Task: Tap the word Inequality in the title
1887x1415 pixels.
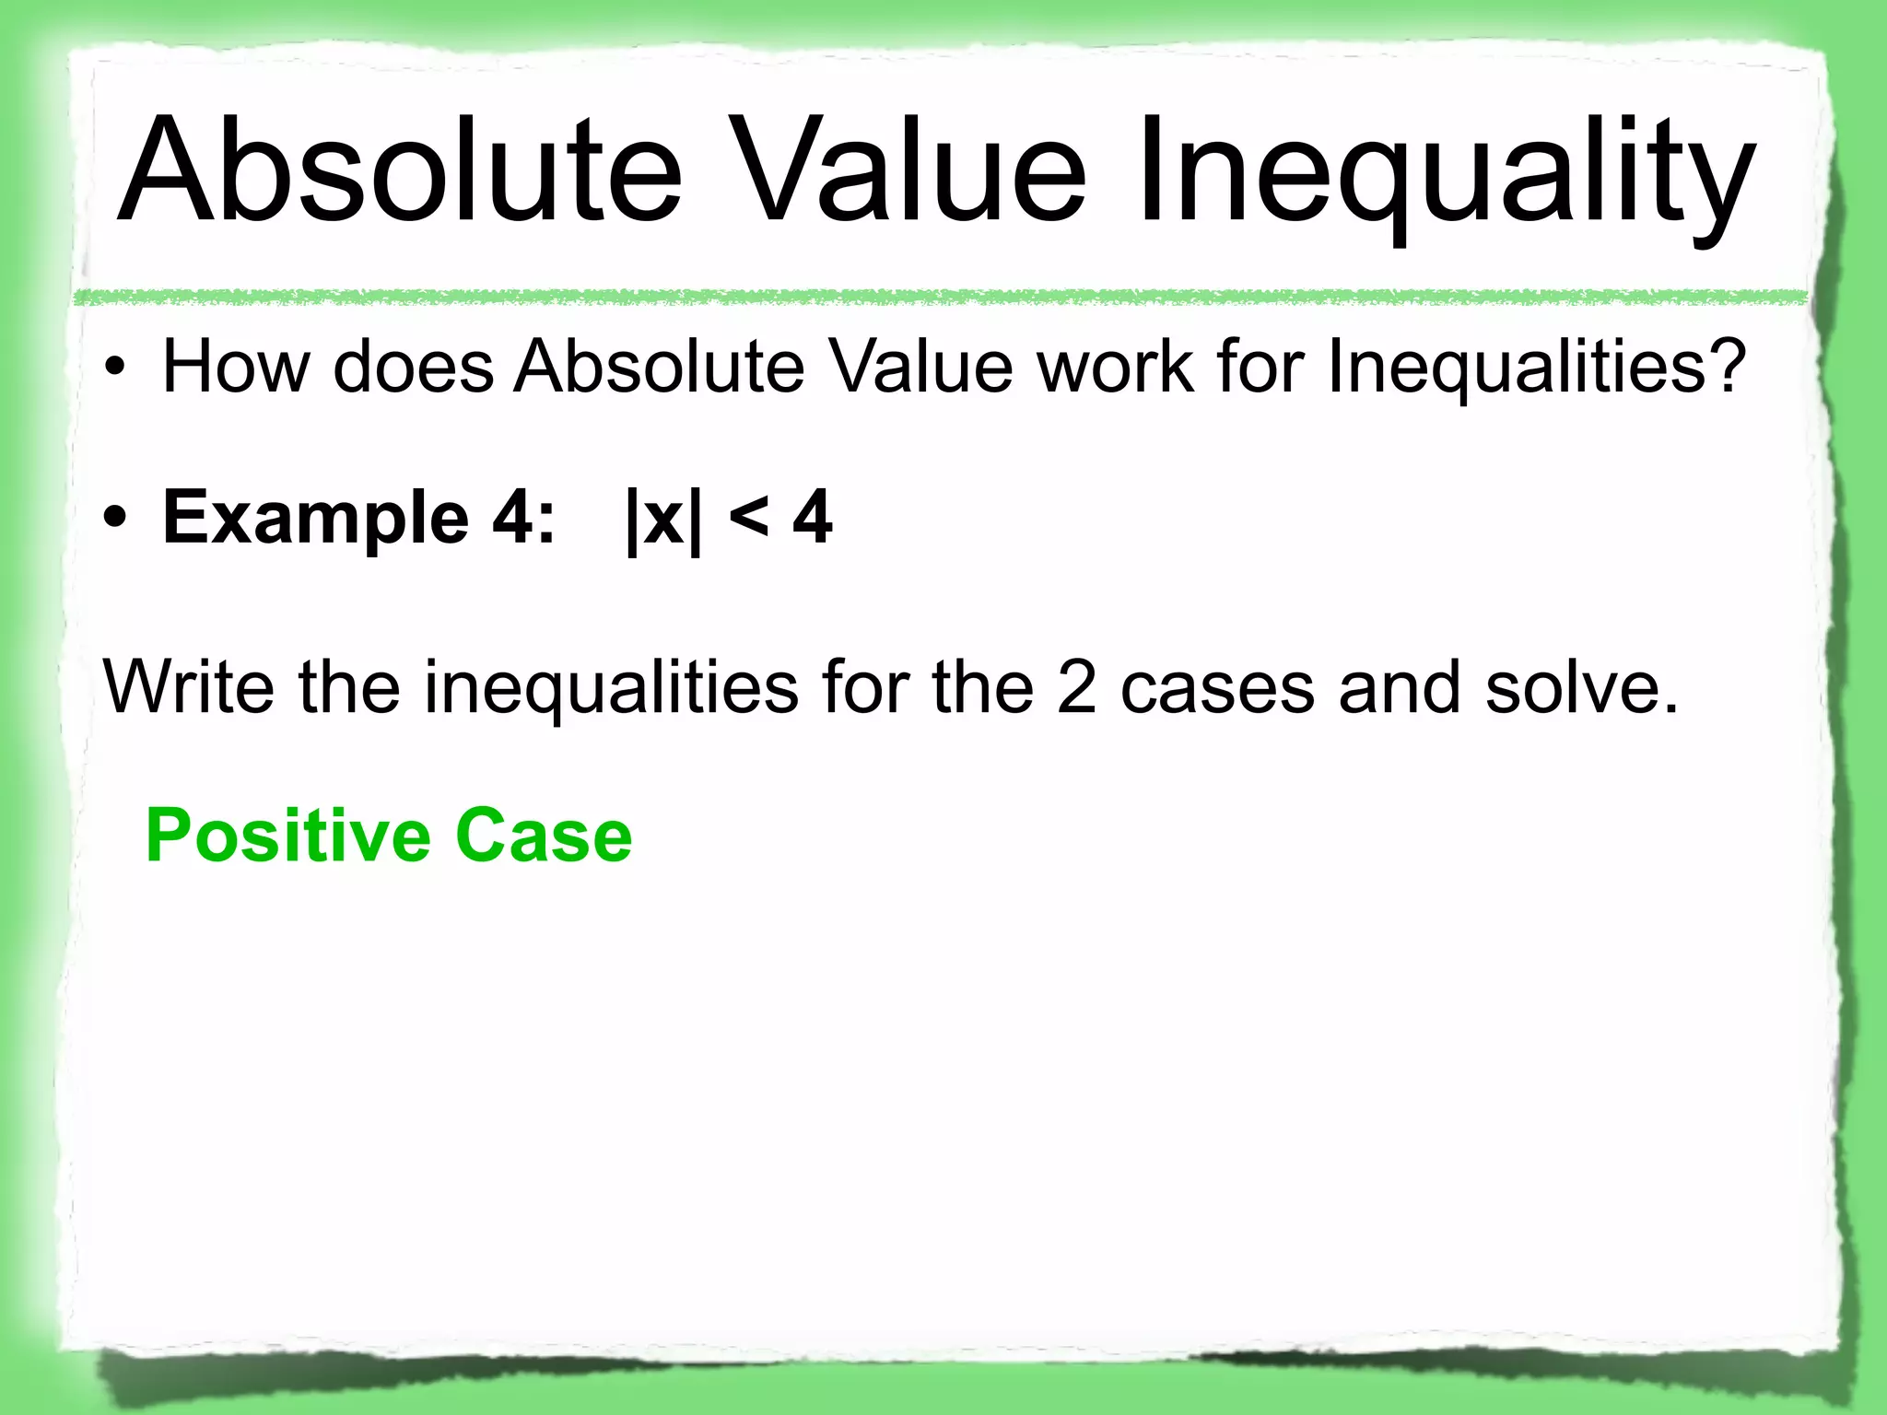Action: click(x=1444, y=175)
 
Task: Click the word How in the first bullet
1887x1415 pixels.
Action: click(x=236, y=367)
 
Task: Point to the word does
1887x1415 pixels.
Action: click(x=414, y=367)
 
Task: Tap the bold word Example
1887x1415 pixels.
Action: click(x=315, y=518)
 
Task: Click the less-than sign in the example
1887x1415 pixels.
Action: click(x=748, y=518)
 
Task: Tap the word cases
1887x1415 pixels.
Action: click(x=1217, y=689)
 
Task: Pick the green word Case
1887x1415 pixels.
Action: click(x=544, y=835)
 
